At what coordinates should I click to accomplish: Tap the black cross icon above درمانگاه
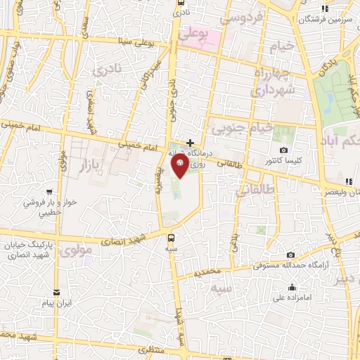tap(190, 143)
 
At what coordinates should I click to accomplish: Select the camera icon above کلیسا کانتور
tap(283, 150)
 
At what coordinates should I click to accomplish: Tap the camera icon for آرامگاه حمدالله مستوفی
tap(291, 255)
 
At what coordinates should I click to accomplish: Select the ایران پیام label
tap(57, 303)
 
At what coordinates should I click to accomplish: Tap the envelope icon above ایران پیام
tap(57, 292)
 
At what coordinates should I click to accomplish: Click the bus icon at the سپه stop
tap(171, 238)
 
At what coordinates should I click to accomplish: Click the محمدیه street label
tap(210, 271)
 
